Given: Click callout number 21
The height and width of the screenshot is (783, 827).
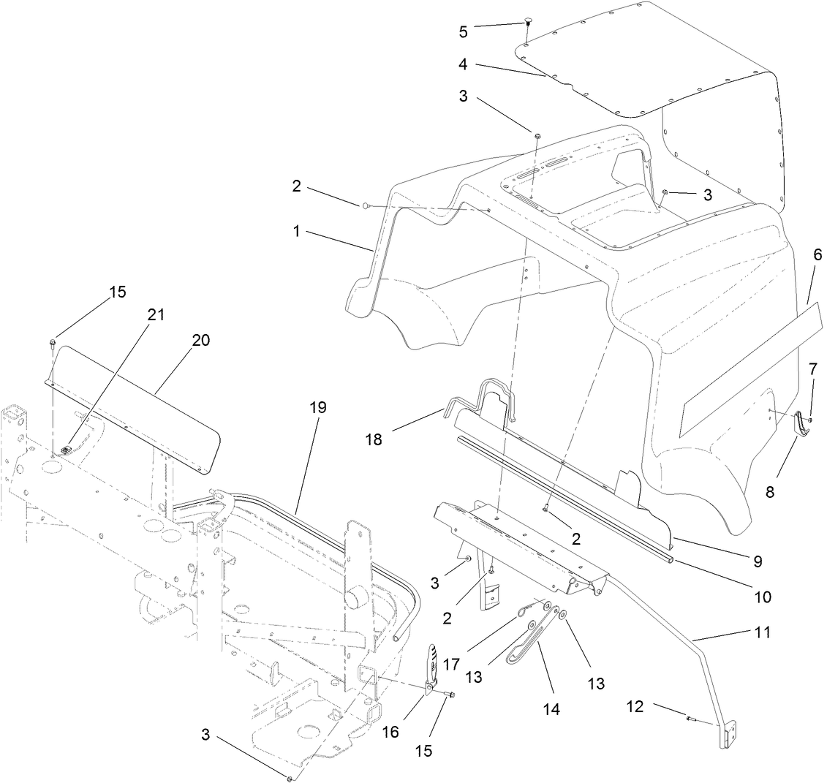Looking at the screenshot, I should pos(155,314).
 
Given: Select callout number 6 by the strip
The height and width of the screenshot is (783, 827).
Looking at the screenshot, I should pos(817,255).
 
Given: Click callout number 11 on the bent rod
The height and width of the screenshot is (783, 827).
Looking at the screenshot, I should pos(762,632).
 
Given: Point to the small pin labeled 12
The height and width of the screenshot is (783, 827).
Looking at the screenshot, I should pos(690,719).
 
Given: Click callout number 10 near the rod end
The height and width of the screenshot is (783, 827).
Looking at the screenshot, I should pos(762,597).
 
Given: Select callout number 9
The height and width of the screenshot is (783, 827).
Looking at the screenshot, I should pos(758,562).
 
